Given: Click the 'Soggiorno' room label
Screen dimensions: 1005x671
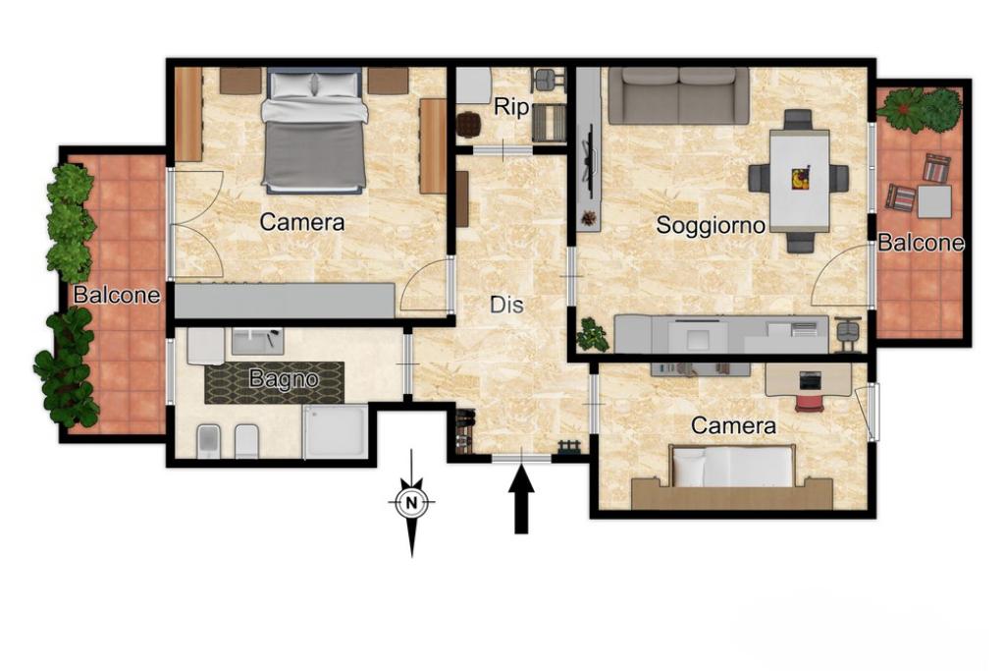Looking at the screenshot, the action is pyautogui.click(x=711, y=226).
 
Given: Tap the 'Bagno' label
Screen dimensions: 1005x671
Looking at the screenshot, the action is pyautogui.click(x=284, y=380).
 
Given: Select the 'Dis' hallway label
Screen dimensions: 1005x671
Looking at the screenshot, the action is pyautogui.click(x=507, y=305).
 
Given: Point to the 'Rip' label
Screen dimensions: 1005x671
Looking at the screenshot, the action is pyautogui.click(x=510, y=107).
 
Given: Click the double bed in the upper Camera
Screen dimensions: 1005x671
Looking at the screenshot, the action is pyautogui.click(x=314, y=131).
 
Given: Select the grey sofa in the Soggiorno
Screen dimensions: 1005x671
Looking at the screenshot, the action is pyautogui.click(x=679, y=95).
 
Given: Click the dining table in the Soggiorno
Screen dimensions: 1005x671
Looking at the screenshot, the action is pyautogui.click(x=799, y=180).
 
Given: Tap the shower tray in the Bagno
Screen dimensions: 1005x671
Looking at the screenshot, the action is pyautogui.click(x=336, y=431).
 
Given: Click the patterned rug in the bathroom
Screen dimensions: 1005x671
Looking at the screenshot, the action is pyautogui.click(x=275, y=383).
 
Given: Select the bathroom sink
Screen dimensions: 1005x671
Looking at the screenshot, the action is pyautogui.click(x=257, y=341).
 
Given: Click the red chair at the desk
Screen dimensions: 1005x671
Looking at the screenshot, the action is pyautogui.click(x=809, y=403).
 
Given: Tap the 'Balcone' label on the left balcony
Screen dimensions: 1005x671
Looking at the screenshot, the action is pyautogui.click(x=117, y=295).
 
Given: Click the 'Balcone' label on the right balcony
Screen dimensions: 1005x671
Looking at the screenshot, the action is pyautogui.click(x=921, y=243).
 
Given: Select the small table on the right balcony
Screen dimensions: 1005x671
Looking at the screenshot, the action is pyautogui.click(x=934, y=202).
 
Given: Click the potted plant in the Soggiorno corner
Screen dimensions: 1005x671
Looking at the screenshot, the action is pyautogui.click(x=592, y=335).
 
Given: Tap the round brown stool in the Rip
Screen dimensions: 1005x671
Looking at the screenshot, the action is pyautogui.click(x=468, y=125).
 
